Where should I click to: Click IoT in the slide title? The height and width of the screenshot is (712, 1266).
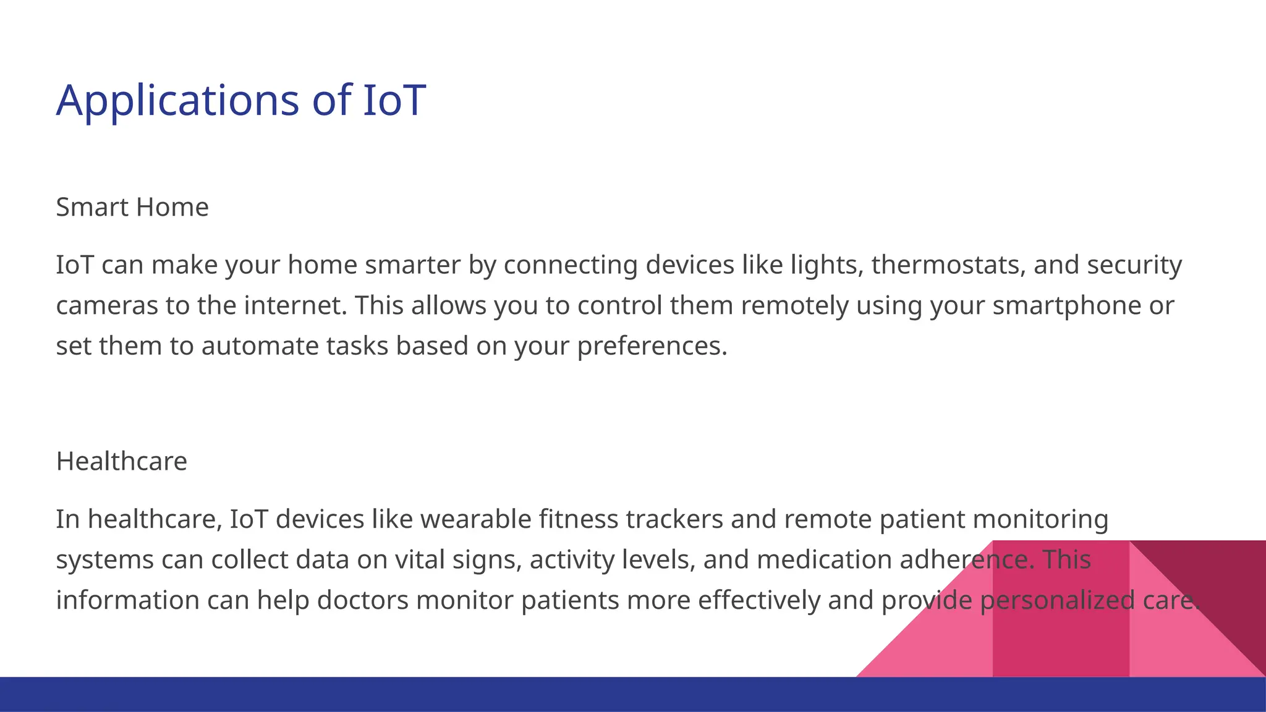[394, 100]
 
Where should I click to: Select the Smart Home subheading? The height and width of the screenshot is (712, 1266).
[132, 207]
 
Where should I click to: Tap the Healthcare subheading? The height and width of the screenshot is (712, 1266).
[121, 461]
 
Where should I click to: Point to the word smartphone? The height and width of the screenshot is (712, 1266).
[1066, 305]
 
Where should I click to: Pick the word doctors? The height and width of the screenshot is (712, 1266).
[362, 600]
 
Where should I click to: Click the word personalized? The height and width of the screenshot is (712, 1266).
[1057, 600]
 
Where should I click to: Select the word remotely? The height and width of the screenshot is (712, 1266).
[794, 305]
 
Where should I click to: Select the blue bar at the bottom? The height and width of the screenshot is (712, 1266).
[433, 694]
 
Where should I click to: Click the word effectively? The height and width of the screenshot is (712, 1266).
[758, 600]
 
